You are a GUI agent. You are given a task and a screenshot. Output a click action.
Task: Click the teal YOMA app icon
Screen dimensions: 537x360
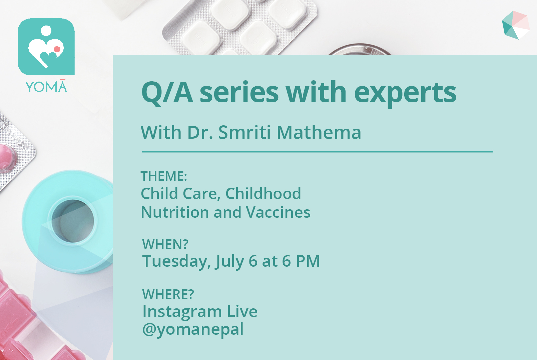coord(46,47)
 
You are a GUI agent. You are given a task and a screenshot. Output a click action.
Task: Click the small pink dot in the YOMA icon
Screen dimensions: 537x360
coord(57,49)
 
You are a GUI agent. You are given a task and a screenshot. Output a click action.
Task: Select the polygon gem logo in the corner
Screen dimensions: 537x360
coord(516,25)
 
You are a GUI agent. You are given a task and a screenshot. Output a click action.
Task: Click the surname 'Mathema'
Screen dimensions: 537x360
coord(319,132)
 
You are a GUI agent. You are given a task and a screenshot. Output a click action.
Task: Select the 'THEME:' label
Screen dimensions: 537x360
coord(164,176)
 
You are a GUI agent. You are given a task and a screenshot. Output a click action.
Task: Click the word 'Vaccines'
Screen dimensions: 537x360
coord(278,212)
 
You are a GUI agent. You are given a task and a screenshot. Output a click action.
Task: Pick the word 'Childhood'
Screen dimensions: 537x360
coord(263,193)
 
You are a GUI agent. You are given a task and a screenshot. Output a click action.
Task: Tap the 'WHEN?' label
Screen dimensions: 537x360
coord(165,244)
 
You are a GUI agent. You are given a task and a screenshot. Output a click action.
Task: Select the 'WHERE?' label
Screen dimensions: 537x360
coord(168,294)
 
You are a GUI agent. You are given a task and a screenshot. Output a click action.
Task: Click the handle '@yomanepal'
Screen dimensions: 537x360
coord(193,330)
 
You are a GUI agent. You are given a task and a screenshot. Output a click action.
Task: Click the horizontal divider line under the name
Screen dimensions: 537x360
coord(317,152)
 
